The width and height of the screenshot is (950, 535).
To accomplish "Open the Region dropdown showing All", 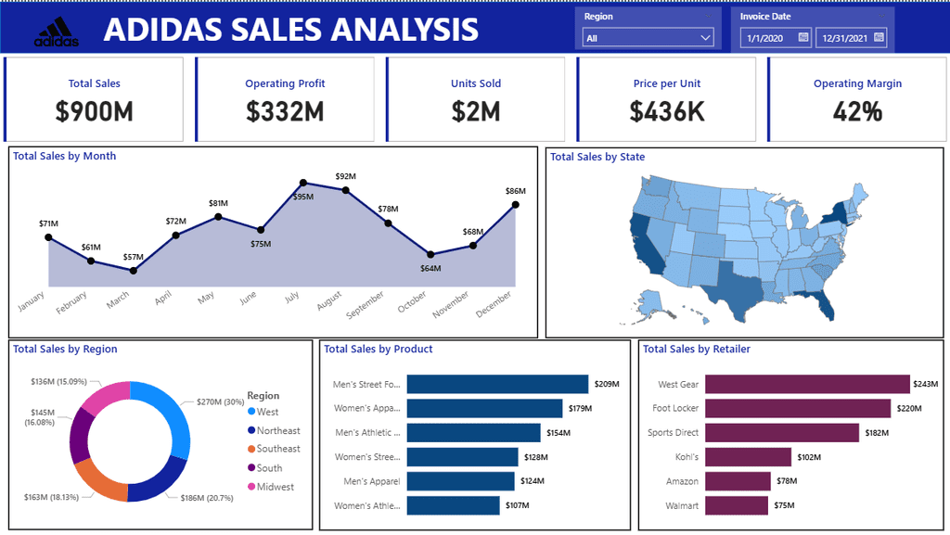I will click(648, 38).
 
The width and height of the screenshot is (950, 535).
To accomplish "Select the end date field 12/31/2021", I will click(841, 38).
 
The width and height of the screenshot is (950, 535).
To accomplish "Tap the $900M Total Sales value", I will click(94, 111).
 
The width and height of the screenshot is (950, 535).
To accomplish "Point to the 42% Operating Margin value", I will click(857, 111).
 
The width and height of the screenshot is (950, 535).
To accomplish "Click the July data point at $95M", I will click(303, 183).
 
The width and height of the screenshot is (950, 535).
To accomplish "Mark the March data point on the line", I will click(134, 271).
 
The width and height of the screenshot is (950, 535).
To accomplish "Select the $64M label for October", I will click(430, 268).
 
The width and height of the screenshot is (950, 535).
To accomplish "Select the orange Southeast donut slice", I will click(97, 475).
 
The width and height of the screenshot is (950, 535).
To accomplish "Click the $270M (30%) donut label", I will click(220, 402).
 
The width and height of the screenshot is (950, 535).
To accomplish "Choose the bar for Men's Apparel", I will click(460, 481).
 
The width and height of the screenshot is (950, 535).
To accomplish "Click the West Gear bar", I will click(807, 384).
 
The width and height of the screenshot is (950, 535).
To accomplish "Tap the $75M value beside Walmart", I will click(784, 506).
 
